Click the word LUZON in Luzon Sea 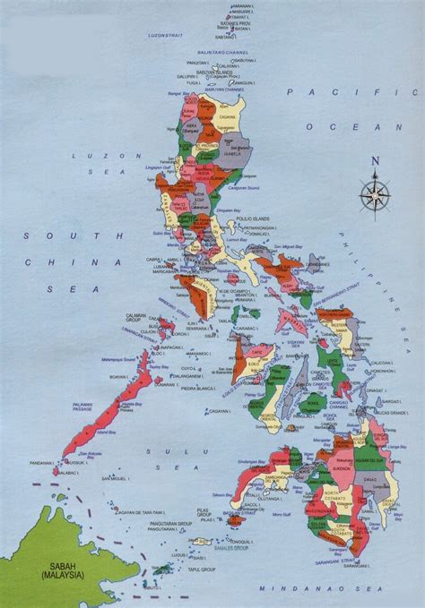point(83,155)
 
